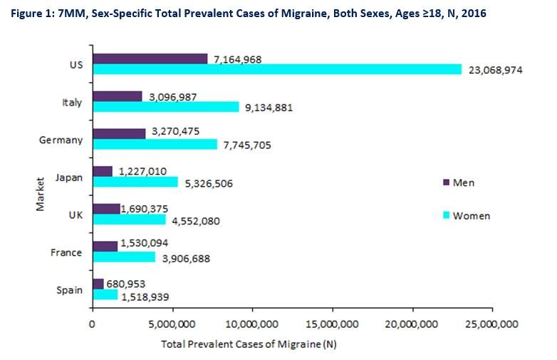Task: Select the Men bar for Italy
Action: coord(118,96)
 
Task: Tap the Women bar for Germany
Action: coord(154,144)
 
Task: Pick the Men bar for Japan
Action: coord(102,171)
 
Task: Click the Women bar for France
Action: coord(123,257)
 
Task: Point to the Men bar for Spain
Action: coord(98,284)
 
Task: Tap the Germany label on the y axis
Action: coord(61,140)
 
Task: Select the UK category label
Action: coord(74,215)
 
